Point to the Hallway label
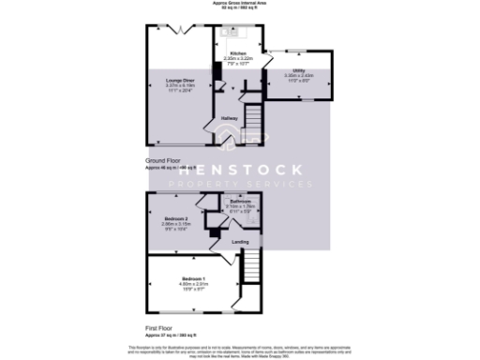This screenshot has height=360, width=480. coord(228,118)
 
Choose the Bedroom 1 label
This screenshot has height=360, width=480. coord(194,280)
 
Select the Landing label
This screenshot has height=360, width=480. coord(239,242)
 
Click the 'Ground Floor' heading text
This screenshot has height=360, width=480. coord(163,161)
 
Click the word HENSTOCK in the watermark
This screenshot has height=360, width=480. coord(239,171)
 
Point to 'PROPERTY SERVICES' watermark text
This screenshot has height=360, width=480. coord(239,185)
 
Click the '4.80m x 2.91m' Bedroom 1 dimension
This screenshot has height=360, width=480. coord(194,286)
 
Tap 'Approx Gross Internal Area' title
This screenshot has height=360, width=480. coord(240,3)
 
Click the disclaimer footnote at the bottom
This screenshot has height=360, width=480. coord(240,349)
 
